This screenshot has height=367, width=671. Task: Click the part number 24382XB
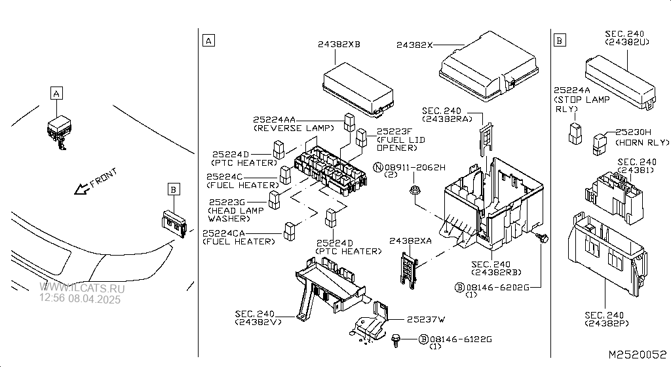tap(339, 45)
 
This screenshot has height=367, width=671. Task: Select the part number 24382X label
tap(414, 45)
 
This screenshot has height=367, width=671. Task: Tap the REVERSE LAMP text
tap(284, 128)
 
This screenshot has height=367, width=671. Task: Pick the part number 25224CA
tap(224, 233)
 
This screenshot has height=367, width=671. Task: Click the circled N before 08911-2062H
tap(378, 168)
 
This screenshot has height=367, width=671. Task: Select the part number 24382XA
tap(410, 241)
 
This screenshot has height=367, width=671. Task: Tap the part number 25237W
tap(425, 319)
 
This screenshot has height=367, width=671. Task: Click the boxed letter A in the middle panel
tap(208, 41)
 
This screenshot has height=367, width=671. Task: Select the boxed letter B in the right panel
tap(559, 41)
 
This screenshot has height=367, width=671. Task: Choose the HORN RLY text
tap(644, 142)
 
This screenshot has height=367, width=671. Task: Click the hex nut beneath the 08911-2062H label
tap(415, 191)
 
